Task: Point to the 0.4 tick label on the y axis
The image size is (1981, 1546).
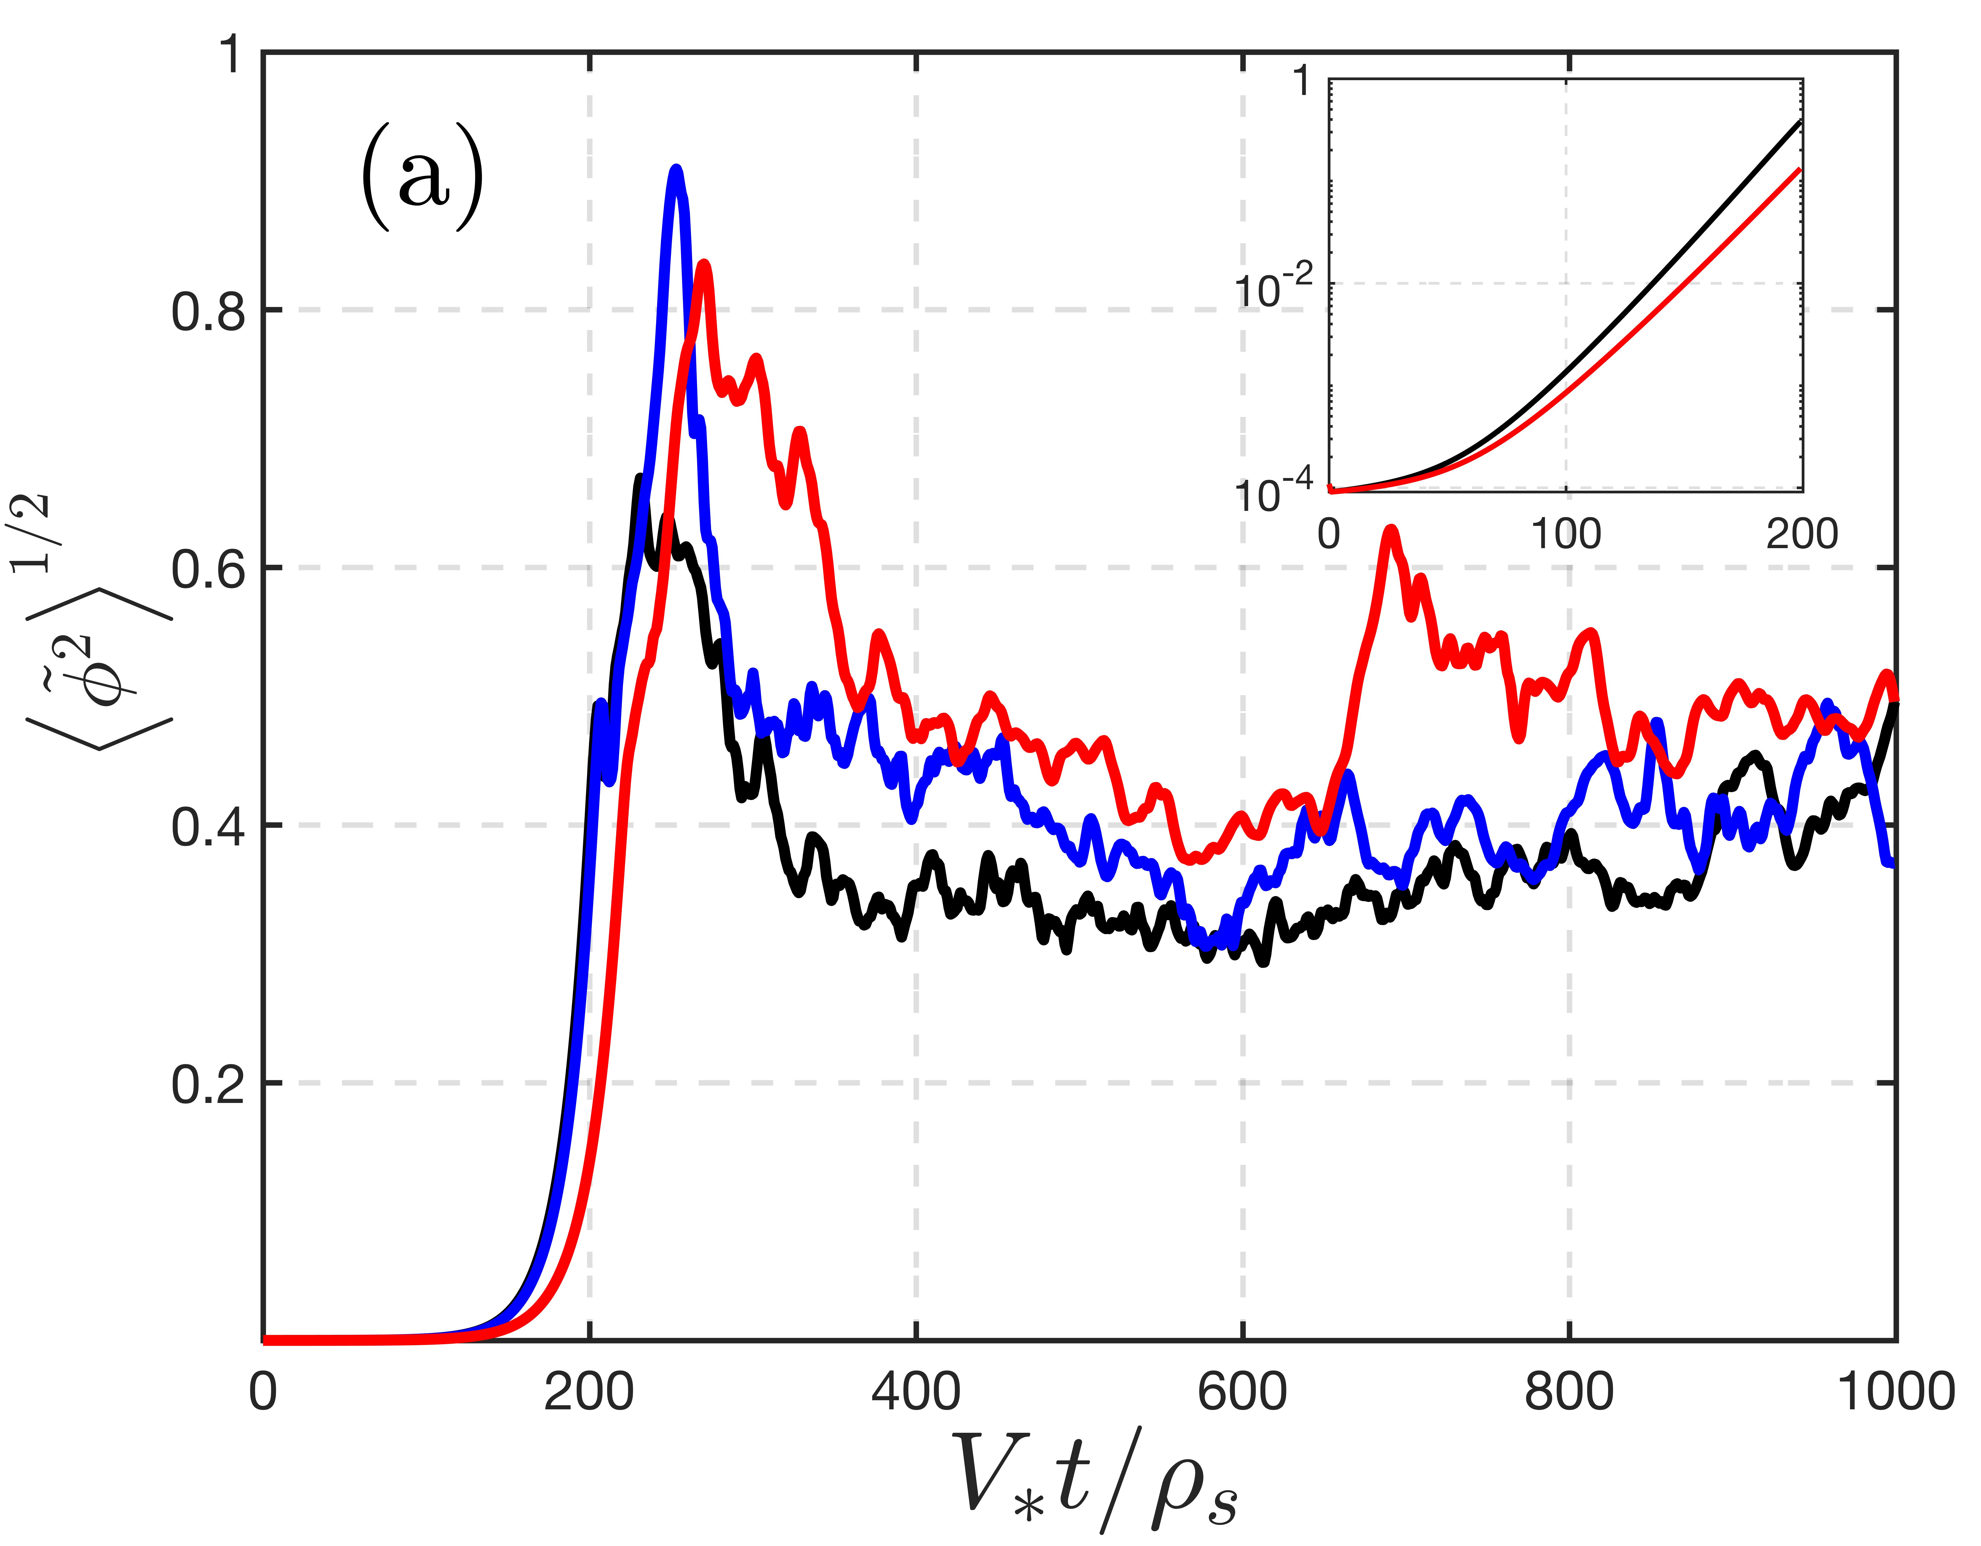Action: [x=209, y=827]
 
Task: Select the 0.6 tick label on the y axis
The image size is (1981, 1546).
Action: [x=209, y=570]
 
